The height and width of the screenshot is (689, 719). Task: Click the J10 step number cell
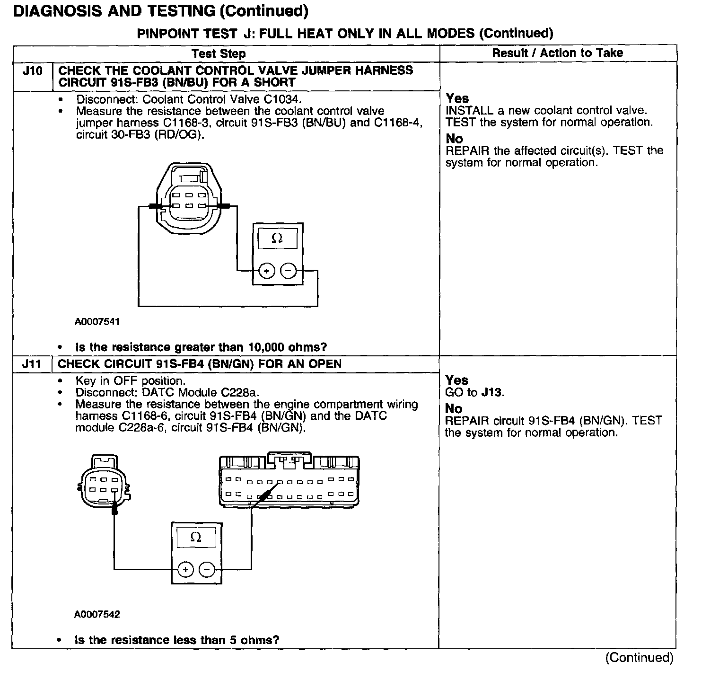tap(32, 71)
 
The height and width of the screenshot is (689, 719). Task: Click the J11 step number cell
tap(32, 364)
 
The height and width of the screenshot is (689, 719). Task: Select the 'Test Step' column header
tap(219, 53)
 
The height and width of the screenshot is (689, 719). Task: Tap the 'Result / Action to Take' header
tap(557, 53)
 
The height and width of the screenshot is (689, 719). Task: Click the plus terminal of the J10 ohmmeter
tap(267, 271)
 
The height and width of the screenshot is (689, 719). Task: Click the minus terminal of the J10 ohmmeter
tap(288, 271)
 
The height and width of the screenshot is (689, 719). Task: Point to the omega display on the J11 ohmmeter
tap(196, 538)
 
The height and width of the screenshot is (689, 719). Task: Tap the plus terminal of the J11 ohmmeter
tap(185, 569)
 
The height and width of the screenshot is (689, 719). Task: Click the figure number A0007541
tap(97, 322)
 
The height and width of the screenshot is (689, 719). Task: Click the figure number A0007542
tap(97, 614)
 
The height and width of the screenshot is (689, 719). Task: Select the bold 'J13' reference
tap(492, 392)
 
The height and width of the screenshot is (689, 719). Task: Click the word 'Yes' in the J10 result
tap(457, 98)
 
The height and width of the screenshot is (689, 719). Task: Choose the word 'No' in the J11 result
tap(454, 409)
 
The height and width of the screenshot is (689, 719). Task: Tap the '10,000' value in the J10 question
tap(262, 347)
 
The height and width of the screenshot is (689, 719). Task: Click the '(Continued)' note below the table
tap(639, 658)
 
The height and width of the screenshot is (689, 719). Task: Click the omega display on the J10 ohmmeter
tap(277, 238)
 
